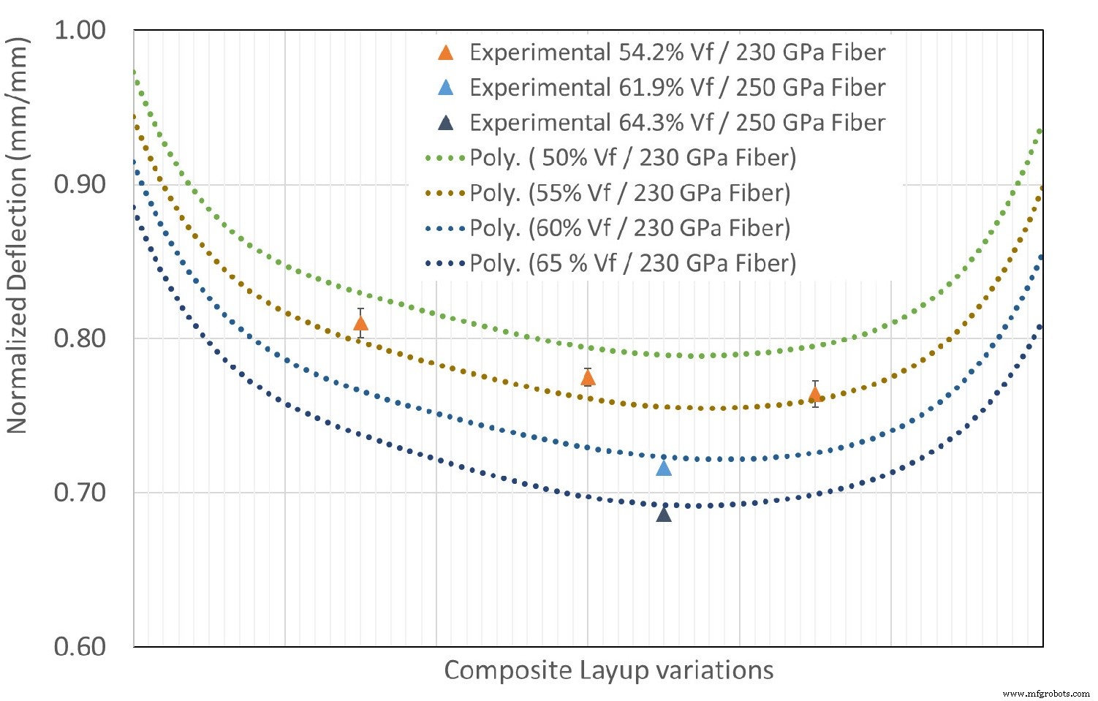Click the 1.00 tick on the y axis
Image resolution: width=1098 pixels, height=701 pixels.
pyautogui.click(x=80, y=30)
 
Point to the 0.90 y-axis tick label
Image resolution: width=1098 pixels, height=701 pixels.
pyautogui.click(x=80, y=184)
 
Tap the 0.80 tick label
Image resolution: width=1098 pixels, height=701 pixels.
pyautogui.click(x=80, y=338)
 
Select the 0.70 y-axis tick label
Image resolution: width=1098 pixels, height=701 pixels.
pyautogui.click(x=80, y=492)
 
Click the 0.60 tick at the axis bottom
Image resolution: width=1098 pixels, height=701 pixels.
pyautogui.click(x=80, y=647)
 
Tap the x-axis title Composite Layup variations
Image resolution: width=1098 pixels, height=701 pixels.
pyautogui.click(x=608, y=670)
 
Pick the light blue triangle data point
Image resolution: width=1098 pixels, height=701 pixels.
pyautogui.click(x=664, y=468)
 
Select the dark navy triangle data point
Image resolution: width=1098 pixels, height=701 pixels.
pyautogui.click(x=664, y=514)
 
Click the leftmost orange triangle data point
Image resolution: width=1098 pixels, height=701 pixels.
pyautogui.click(x=360, y=323)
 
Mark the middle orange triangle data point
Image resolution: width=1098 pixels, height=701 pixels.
pyautogui.click(x=588, y=377)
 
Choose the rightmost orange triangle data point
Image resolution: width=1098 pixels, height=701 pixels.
pyautogui.click(x=815, y=395)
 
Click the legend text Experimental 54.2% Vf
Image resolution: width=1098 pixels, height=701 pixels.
pyautogui.click(x=677, y=53)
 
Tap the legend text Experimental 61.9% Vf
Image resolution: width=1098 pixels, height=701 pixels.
pyautogui.click(x=677, y=88)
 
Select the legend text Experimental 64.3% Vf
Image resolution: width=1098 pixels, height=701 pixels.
pyautogui.click(x=677, y=123)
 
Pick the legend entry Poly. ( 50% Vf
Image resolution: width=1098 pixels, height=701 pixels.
pyautogui.click(x=632, y=158)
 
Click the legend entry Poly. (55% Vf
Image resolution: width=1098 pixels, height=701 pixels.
pyautogui.click(x=629, y=193)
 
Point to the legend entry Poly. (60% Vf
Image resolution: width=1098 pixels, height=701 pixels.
pyautogui.click(x=629, y=228)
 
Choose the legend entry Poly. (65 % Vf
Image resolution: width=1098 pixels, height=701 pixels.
pyautogui.click(x=632, y=263)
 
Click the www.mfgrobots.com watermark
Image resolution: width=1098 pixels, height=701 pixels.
pyautogui.click(x=1046, y=693)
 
